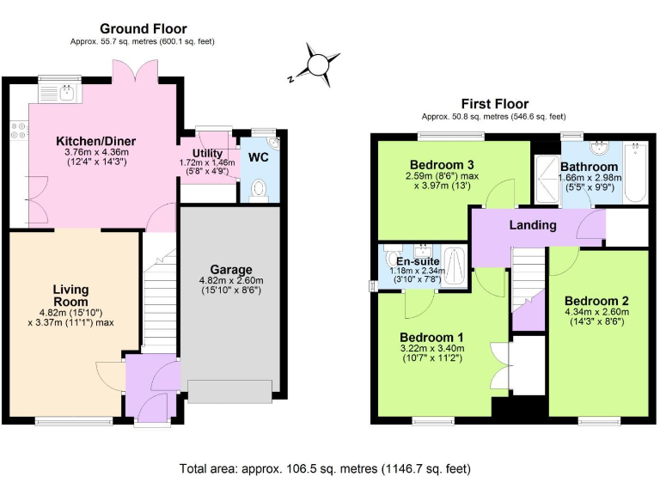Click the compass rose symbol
coord(319,66)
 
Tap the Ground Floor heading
coord(144,29)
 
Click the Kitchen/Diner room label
coord(96,141)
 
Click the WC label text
coord(259,158)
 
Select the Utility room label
coord(207,152)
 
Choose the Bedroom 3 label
coord(442,164)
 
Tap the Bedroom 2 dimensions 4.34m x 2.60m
coord(597,314)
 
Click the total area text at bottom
coord(325,469)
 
